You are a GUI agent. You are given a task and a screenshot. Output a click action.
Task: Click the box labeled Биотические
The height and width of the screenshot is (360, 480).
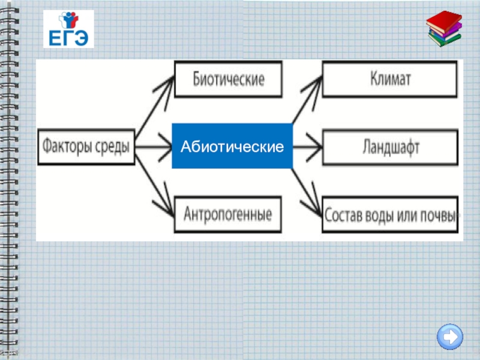tap(228, 79)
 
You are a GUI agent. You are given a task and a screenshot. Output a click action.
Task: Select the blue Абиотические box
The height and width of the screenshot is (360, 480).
tap(232, 146)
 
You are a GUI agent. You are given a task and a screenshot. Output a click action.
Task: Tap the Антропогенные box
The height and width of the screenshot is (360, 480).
tap(228, 214)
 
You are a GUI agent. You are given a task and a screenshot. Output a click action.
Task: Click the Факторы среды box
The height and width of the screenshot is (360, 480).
tap(86, 146)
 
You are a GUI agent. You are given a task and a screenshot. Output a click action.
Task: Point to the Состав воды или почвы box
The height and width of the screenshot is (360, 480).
tap(391, 214)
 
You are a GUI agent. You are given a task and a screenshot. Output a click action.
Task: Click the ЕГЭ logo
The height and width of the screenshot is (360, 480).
tap(68, 30)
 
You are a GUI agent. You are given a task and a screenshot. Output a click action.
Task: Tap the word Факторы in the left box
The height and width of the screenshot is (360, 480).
tap(66, 146)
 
